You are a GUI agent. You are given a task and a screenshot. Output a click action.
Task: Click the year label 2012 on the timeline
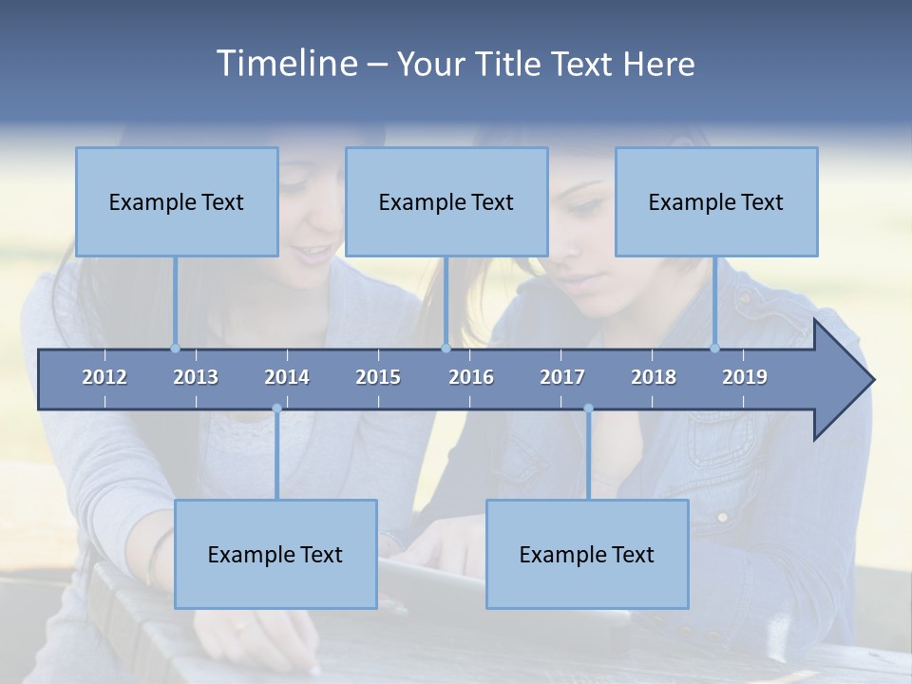(x=104, y=377)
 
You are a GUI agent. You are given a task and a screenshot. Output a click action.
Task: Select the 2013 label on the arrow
(x=196, y=377)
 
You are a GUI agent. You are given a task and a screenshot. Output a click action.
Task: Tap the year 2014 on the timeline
(x=287, y=377)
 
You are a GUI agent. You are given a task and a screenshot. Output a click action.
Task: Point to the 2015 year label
(x=378, y=377)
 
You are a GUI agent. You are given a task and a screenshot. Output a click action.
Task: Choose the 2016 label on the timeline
(x=471, y=377)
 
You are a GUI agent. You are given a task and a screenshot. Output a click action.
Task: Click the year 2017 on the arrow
(x=562, y=377)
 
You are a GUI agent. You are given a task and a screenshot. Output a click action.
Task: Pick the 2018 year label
(x=654, y=377)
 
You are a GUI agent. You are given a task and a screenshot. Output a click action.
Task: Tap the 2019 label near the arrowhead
(x=745, y=377)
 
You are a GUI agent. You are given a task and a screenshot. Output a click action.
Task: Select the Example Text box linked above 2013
(x=177, y=201)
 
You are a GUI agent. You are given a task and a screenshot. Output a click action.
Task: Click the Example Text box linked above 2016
(x=446, y=201)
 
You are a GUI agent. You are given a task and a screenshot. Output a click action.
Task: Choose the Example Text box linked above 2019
(x=716, y=201)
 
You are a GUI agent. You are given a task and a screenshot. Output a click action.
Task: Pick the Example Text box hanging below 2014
(x=275, y=554)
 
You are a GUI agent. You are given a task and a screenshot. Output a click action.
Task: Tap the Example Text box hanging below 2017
(x=587, y=554)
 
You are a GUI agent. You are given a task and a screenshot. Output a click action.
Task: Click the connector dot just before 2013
(x=175, y=348)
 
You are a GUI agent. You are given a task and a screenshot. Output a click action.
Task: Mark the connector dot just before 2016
(x=446, y=348)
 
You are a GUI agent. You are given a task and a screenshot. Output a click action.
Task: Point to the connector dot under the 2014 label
(x=276, y=408)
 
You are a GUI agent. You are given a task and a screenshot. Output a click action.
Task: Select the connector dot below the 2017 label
(x=588, y=408)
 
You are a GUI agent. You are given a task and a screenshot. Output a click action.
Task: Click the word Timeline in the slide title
(x=285, y=63)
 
